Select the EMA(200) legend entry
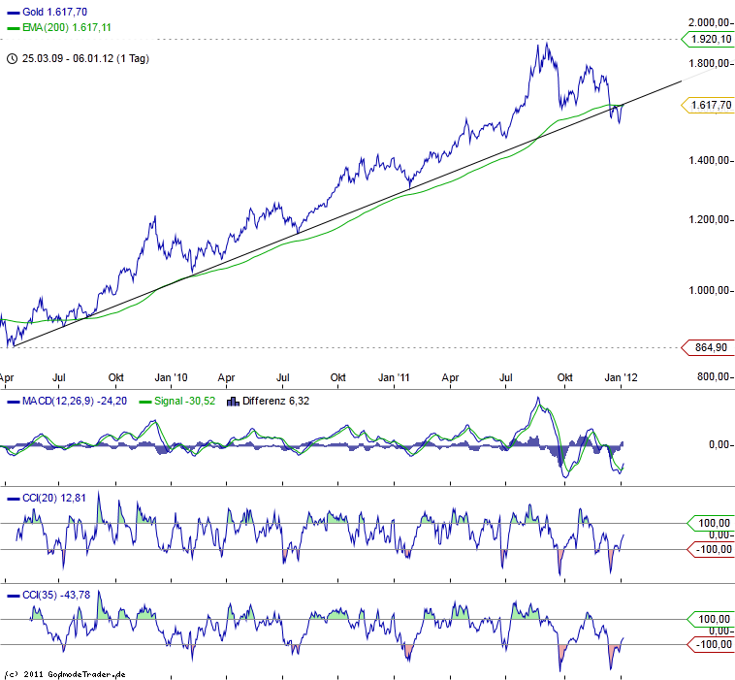[61, 27]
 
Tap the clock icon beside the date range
[11, 58]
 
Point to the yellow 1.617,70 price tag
[706, 104]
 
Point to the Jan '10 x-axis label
[172, 376]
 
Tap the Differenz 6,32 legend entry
[272, 401]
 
